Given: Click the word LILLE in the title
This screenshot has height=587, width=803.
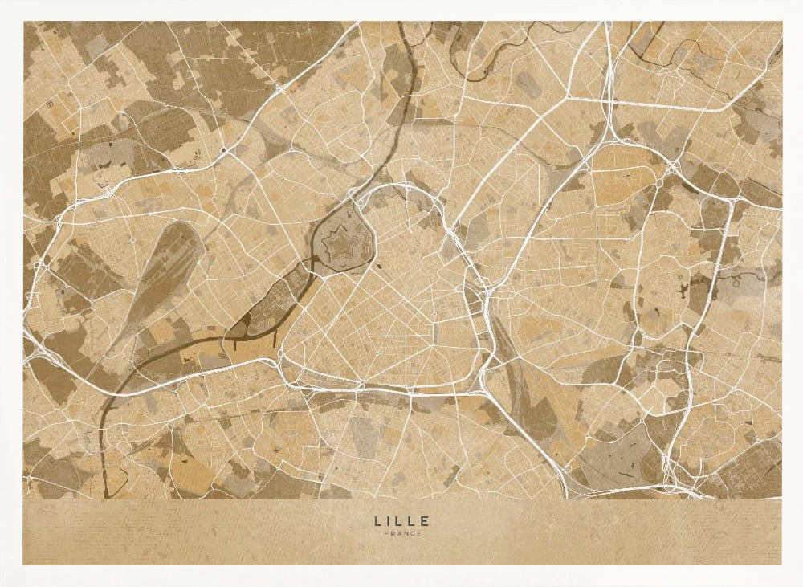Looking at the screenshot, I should [x=401, y=521].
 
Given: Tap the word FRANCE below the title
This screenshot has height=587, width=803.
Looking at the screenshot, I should [x=401, y=534].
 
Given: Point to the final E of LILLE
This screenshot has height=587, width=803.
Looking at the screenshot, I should [x=426, y=521].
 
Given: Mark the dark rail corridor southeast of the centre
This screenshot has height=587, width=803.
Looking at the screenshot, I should [x=514, y=377].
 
